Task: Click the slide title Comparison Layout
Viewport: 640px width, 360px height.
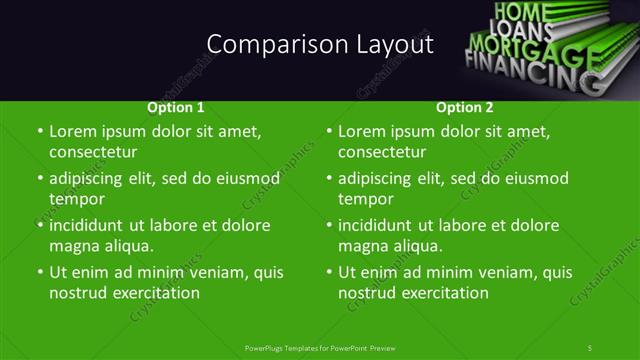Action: coord(320,45)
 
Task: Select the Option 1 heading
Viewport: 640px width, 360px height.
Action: coord(176,107)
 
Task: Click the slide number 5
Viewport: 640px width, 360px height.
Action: coord(590,347)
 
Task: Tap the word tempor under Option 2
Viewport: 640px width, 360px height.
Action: coord(366,199)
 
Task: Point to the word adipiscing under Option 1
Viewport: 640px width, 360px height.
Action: coord(94,178)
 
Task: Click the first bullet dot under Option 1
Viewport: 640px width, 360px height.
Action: coord(39,132)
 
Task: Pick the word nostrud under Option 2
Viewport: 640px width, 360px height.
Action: coord(369,293)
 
